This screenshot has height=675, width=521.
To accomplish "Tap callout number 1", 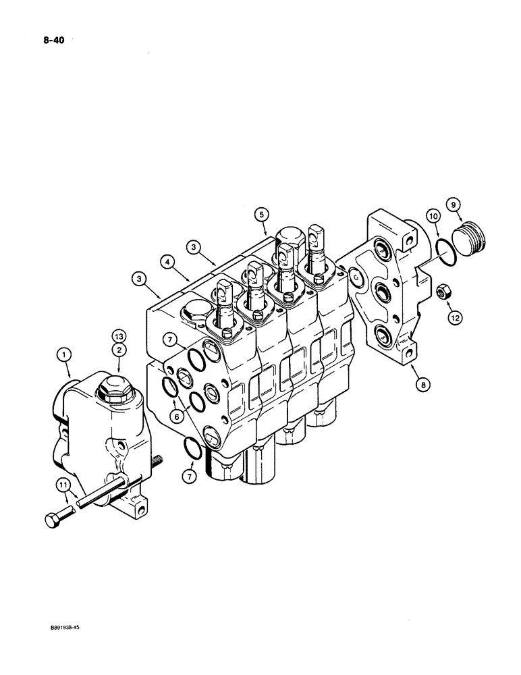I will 64,352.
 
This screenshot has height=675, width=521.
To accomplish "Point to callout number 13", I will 119,335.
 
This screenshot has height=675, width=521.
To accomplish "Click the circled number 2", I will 119,349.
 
